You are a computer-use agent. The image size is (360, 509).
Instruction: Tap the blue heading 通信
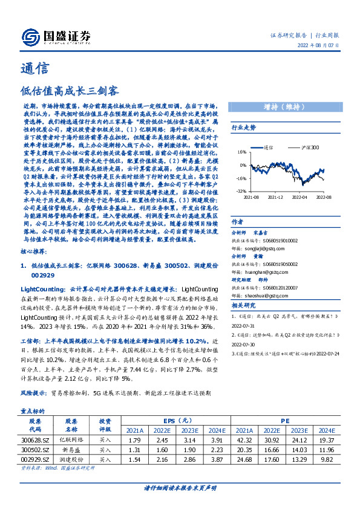(x=31, y=68)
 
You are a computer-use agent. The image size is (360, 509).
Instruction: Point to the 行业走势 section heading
(x=244, y=128)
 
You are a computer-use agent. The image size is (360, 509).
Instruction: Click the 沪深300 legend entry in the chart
(x=310, y=147)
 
